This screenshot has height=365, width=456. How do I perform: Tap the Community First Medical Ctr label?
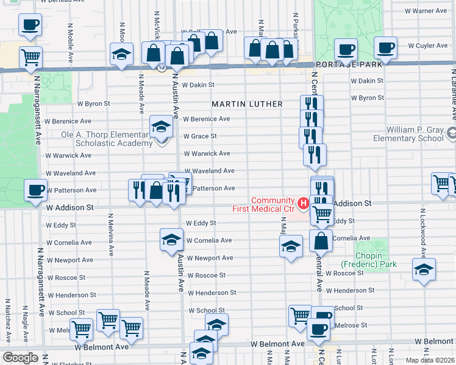pyautogui.click(x=273, y=205)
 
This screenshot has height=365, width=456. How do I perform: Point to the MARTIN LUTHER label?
pyautogui.click(x=247, y=104)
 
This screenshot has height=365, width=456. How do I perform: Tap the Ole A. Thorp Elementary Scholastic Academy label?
pyautogui.click(x=106, y=139)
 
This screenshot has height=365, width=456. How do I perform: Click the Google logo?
pyautogui.click(x=20, y=358)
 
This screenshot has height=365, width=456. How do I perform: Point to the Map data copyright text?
pyautogui.click(x=430, y=360)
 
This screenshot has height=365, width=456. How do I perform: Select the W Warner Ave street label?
pyautogui.click(x=427, y=11)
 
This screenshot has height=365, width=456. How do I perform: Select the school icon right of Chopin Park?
pyautogui.click(x=424, y=269)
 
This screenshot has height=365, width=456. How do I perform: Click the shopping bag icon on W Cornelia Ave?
pyautogui.click(x=321, y=240)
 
